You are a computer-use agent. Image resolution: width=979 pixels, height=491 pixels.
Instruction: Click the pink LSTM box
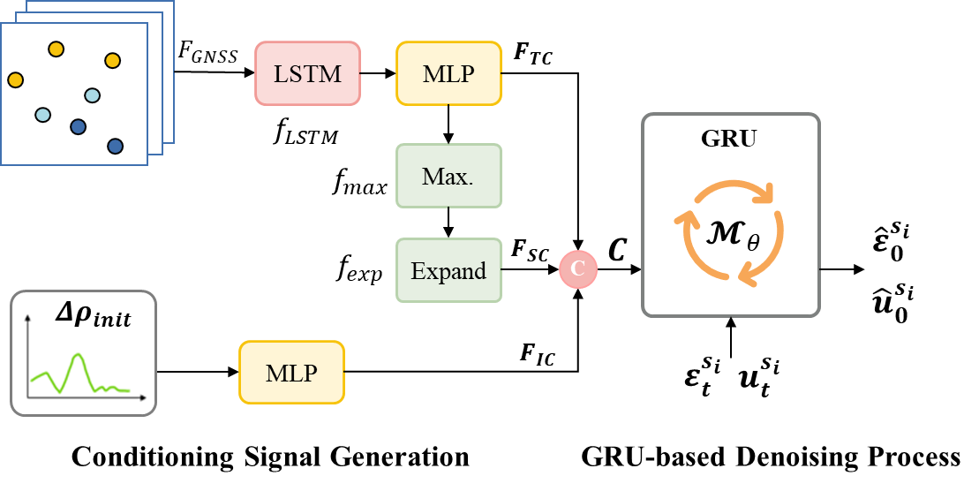(307, 73)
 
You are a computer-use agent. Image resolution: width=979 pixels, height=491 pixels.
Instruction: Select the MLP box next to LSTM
(448, 73)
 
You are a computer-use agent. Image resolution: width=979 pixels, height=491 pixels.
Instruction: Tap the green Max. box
(448, 176)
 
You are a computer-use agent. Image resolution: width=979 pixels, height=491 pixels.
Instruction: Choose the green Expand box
(448, 270)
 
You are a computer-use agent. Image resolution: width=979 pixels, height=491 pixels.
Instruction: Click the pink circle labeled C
(578, 269)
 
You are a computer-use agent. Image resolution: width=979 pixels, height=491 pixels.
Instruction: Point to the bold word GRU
(729, 139)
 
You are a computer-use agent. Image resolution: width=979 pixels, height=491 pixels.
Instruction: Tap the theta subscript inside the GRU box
(753, 243)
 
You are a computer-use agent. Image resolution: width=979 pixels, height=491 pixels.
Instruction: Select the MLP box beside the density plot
(291, 373)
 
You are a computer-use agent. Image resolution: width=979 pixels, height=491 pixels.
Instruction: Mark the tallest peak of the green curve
(78, 355)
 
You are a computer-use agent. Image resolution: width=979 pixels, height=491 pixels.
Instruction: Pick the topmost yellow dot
(56, 49)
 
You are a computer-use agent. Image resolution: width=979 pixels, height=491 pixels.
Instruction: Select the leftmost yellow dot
(15, 80)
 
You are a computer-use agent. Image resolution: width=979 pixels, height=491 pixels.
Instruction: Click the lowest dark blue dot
(115, 147)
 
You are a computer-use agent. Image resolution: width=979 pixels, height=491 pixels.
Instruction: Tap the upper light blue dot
(92, 95)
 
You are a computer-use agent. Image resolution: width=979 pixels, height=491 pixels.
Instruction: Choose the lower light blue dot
(42, 115)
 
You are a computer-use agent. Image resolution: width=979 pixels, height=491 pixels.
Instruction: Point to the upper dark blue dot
(78, 127)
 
